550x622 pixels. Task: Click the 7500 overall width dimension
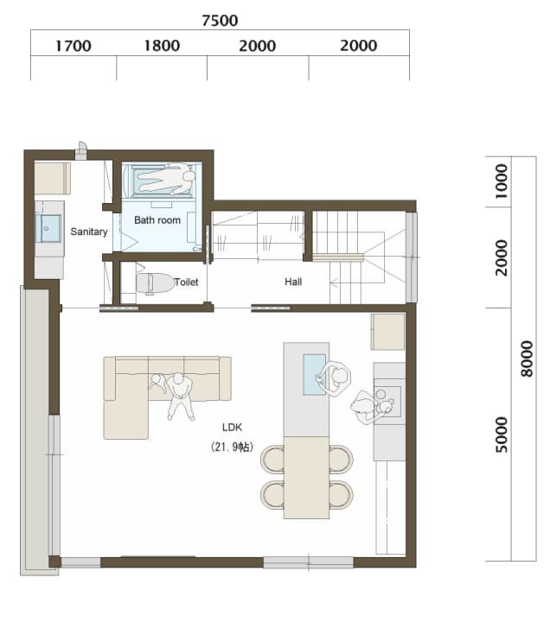[x=220, y=20]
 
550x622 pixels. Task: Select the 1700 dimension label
[x=73, y=46]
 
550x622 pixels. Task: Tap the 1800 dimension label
[x=162, y=46]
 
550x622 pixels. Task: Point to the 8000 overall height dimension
[x=527, y=359]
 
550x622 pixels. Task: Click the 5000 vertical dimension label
[x=502, y=435]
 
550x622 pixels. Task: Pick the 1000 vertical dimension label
[x=502, y=181]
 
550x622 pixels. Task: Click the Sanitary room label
[x=89, y=232]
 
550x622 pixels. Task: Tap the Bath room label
[x=157, y=219]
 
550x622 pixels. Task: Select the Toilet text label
[x=186, y=282]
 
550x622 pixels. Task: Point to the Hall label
[x=293, y=282]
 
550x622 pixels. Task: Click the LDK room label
[x=233, y=428]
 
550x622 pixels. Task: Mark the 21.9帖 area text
[x=233, y=447]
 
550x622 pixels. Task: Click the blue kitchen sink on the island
[x=315, y=374]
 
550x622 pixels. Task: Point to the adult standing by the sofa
[x=180, y=397]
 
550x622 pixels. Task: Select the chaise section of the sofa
[x=126, y=420]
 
